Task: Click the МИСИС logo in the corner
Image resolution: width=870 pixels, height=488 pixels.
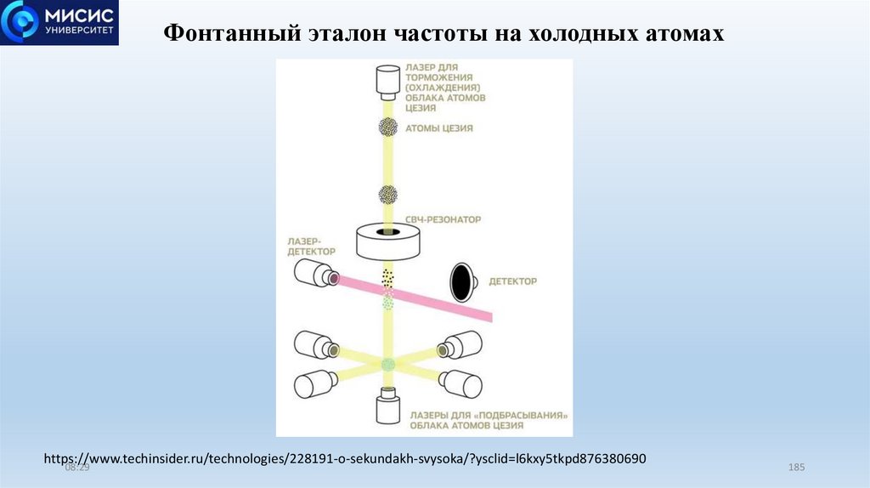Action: click(x=59, y=23)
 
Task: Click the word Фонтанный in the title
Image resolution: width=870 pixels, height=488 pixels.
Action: click(x=227, y=34)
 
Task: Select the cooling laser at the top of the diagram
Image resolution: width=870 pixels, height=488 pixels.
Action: click(x=388, y=82)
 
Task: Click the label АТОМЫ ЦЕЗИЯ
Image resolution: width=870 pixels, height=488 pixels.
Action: click(x=439, y=128)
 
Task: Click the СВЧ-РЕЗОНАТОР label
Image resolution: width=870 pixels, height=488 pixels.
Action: click(x=443, y=219)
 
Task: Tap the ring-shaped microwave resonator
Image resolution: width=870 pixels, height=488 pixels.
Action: click(x=389, y=241)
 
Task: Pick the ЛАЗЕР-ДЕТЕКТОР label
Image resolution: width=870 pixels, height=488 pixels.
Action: click(x=312, y=246)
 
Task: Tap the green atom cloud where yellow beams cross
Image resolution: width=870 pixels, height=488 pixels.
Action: click(x=388, y=365)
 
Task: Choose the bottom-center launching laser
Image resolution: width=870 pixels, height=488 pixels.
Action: click(x=388, y=406)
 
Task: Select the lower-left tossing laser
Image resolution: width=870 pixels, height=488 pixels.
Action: click(x=315, y=384)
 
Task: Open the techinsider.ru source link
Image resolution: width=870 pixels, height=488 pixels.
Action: click(x=345, y=458)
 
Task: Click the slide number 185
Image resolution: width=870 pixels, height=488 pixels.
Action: click(x=796, y=468)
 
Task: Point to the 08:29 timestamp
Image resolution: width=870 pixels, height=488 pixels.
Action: click(x=76, y=468)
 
